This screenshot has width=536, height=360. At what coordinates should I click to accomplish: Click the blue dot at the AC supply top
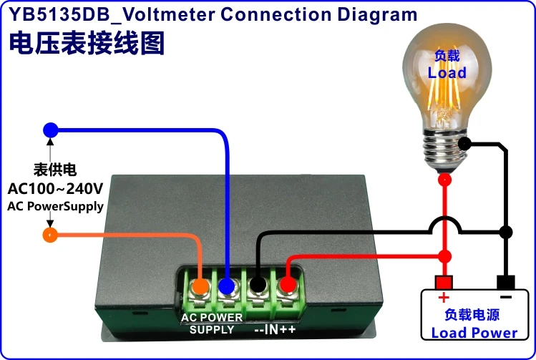50,130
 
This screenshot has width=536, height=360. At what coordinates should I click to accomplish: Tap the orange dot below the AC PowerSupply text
49,235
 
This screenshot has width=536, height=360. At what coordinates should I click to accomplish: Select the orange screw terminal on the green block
201,286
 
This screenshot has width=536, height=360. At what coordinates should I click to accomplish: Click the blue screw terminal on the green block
228,286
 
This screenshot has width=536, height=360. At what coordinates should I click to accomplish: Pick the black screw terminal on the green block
258,286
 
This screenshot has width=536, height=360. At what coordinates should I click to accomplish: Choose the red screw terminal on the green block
287,286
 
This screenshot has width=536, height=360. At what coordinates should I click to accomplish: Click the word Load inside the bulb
447,72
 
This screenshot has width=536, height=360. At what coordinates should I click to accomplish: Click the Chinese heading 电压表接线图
87,43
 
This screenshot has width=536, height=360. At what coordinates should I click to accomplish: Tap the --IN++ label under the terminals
276,329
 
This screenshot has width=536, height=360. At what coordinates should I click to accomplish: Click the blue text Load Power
474,333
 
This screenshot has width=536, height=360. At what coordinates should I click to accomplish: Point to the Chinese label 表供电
55,170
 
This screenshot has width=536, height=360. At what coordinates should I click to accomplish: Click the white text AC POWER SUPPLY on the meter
212,323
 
